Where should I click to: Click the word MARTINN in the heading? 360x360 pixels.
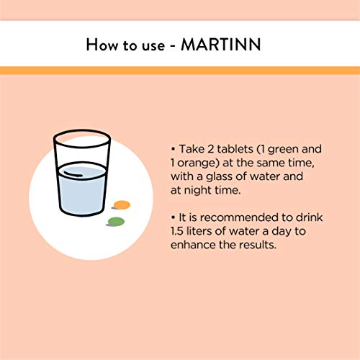click(221, 45)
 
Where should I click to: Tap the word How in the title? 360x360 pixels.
click(102, 45)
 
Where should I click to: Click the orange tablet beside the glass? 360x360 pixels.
click(122, 205)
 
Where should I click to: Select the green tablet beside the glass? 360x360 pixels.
click(116, 222)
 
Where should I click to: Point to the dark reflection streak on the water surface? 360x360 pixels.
click(73, 174)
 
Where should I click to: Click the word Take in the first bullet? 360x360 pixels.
click(192, 149)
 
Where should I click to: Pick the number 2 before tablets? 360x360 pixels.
click(210, 149)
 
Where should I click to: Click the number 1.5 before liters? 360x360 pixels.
click(177, 231)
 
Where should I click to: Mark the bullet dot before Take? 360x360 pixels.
click(173, 149)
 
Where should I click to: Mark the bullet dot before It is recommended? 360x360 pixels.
click(173, 217)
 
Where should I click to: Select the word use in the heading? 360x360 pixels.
click(153, 45)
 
